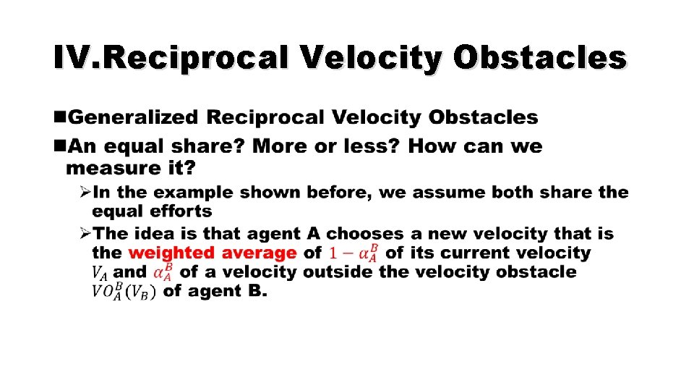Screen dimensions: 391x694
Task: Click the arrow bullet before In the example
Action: coord(85,193)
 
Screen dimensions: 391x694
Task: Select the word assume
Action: coord(441,193)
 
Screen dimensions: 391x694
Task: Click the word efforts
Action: coord(181,211)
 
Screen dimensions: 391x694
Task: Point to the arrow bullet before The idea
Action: coord(85,234)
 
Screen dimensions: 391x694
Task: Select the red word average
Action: coord(257,253)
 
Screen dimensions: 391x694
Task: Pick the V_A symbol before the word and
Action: coord(100,274)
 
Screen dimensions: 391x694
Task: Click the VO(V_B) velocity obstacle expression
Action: coord(123,292)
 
